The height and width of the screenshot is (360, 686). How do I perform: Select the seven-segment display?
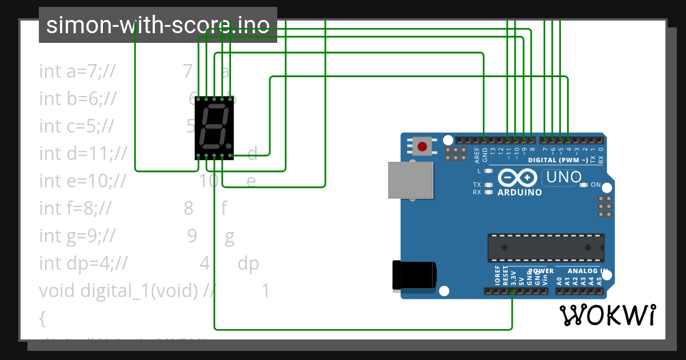(x=214, y=128)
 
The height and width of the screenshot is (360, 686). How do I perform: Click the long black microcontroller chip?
(x=545, y=247)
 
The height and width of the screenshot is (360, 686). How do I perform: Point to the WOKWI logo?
(x=607, y=315)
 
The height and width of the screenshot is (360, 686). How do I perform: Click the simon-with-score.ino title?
(x=158, y=25)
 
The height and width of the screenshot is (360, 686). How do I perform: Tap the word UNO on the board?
(x=564, y=177)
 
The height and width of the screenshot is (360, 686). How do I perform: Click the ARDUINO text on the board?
(x=520, y=193)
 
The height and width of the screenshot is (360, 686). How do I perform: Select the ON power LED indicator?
(x=583, y=185)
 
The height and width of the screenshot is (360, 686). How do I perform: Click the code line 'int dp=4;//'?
(x=83, y=263)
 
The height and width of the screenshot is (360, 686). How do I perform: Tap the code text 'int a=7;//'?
(x=78, y=71)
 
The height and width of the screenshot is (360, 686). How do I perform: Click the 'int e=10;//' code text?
(x=82, y=181)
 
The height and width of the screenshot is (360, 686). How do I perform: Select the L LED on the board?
(x=488, y=171)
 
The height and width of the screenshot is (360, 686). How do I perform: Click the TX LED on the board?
(x=488, y=185)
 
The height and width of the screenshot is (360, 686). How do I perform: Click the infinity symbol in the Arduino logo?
(x=516, y=178)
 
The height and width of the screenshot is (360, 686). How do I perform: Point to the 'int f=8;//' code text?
(x=75, y=209)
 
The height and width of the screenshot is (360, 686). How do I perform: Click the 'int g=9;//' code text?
(x=78, y=236)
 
